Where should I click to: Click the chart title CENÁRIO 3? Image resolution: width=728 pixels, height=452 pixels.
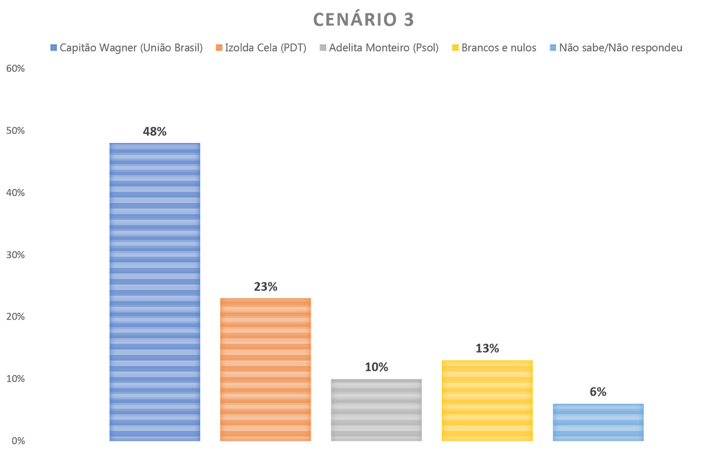tap(363, 20)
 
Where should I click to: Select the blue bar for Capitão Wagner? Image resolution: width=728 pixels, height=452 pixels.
tap(155, 291)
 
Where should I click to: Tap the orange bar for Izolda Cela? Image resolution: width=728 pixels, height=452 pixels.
tap(266, 369)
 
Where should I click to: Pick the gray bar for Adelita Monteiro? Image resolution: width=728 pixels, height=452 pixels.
tap(376, 410)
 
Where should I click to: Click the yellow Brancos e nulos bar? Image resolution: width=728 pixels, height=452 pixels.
tap(487, 400)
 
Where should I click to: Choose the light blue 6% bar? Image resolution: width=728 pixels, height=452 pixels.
tap(598, 422)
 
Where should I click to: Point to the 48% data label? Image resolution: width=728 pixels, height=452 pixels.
tap(155, 132)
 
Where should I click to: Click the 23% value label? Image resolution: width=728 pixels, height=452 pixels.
tap(266, 287)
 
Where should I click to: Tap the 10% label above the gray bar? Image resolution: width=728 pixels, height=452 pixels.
tap(376, 367)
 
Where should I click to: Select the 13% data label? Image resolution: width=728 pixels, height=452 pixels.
tap(487, 349)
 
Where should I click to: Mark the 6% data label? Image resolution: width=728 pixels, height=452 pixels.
tap(598, 392)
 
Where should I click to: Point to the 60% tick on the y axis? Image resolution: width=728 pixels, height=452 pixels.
tap(15, 69)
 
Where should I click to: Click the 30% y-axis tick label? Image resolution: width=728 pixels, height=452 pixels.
tap(15, 255)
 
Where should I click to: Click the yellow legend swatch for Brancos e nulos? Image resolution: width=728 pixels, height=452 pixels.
tap(455, 48)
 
